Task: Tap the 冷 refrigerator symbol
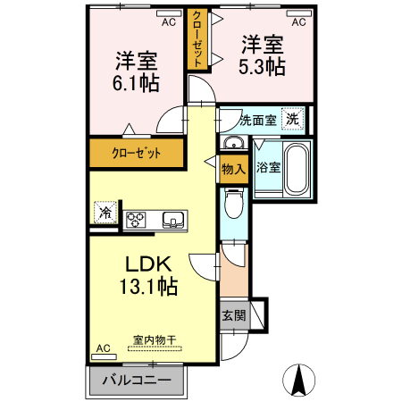[x=105, y=213]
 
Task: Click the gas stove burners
[x=137, y=219]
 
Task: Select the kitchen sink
[x=172, y=219]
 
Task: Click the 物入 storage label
[x=232, y=169]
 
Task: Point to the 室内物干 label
[x=154, y=339]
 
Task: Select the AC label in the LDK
[x=102, y=348]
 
